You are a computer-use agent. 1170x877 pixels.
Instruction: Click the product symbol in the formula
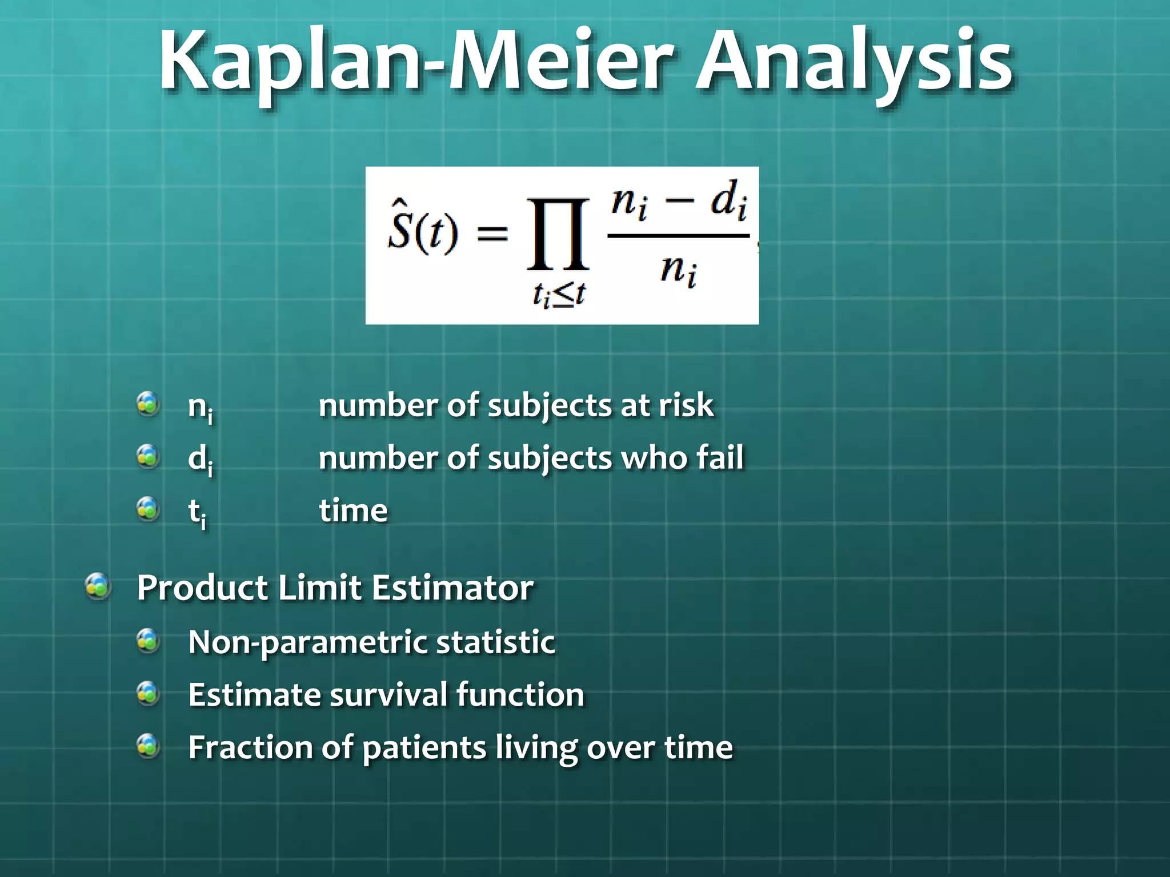coord(558,234)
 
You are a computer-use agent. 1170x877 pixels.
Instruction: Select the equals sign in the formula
coord(492,234)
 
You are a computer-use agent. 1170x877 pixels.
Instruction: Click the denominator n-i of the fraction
coord(678,271)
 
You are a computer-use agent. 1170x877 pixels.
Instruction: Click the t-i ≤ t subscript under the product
coord(558,295)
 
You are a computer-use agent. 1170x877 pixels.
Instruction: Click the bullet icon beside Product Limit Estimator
coord(98,586)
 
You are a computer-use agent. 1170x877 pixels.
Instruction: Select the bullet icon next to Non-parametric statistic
coord(149,641)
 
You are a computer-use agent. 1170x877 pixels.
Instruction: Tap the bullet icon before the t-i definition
coord(149,509)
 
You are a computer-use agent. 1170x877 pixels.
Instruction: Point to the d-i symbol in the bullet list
coord(201,460)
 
